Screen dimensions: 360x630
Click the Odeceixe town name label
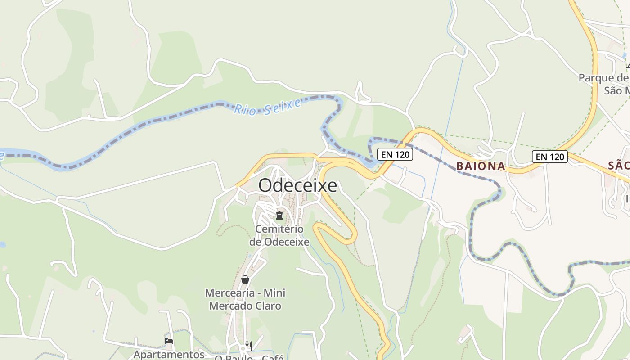pyautogui.click(x=297, y=185)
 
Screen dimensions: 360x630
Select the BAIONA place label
pyautogui.click(x=481, y=166)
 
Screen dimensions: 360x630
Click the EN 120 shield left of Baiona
pyautogui.click(x=395, y=154)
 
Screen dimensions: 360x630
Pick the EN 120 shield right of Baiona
pyautogui.click(x=549, y=157)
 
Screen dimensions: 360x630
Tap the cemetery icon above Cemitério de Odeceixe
pyautogui.click(x=279, y=215)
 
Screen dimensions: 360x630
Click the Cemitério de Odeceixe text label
pyautogui.click(x=279, y=235)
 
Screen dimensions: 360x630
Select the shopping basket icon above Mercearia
pyautogui.click(x=245, y=279)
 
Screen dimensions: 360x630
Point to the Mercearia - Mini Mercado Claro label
pyautogui.click(x=245, y=299)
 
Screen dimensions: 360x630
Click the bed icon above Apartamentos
pyautogui.click(x=169, y=341)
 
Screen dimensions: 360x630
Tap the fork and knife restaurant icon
pyautogui.click(x=248, y=346)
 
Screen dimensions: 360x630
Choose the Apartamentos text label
pyautogui.click(x=169, y=354)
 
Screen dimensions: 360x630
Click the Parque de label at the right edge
pyautogui.click(x=603, y=78)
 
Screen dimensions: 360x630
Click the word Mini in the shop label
pyautogui.click(x=274, y=293)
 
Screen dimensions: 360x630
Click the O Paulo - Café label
pyautogui.click(x=249, y=357)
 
